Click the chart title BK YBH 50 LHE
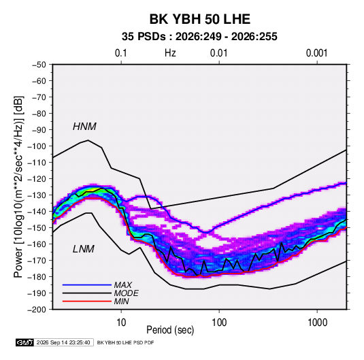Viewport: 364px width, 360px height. (199, 19)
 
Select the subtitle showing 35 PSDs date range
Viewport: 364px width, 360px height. (199, 37)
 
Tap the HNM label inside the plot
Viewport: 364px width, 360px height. (84, 127)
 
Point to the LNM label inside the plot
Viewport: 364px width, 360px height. (84, 249)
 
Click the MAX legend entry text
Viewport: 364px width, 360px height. (122, 284)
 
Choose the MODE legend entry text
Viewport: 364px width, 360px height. (127, 293)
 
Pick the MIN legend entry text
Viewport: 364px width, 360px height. (121, 301)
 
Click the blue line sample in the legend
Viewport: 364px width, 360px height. (87, 284)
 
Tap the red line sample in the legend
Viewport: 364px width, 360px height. (87, 301)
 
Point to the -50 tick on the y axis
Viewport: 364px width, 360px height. (39, 65)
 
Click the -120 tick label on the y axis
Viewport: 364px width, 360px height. (37, 179)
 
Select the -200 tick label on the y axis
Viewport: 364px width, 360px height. (37, 310)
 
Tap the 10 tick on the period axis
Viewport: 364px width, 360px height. (121, 323)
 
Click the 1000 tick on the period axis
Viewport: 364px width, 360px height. (317, 323)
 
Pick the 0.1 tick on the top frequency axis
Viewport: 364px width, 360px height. (121, 53)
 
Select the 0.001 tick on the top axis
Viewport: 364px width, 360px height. (316, 53)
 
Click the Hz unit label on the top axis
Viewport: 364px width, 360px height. (170, 53)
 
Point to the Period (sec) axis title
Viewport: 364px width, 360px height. (170, 330)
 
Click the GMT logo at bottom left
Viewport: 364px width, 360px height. (25, 342)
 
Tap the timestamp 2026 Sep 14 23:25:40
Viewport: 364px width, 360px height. (63, 342)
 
